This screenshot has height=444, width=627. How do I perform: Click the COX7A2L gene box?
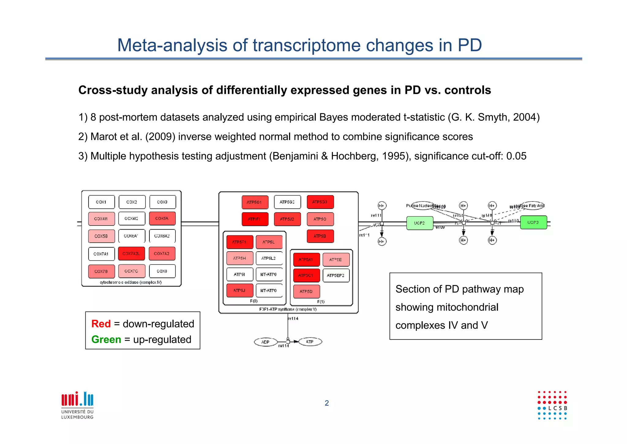[x=131, y=254]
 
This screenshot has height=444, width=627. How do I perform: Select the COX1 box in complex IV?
[x=101, y=202]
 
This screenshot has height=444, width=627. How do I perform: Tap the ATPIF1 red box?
[x=255, y=219]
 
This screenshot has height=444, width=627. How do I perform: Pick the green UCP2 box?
[x=419, y=223]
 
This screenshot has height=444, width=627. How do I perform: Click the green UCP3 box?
[x=533, y=222]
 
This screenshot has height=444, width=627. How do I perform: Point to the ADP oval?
[x=265, y=342]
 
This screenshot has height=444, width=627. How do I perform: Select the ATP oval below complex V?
[x=310, y=342]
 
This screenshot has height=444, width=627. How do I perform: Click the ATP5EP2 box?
[x=336, y=275]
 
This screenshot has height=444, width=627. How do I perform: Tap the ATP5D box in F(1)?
[x=306, y=291]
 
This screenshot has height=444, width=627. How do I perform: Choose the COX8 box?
[x=162, y=271]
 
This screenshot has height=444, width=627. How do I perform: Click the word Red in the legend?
[x=101, y=324]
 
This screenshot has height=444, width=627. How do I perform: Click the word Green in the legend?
[x=106, y=340]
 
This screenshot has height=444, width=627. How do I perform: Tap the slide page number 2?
[x=327, y=403]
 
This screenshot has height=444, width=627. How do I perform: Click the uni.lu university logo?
[x=77, y=404]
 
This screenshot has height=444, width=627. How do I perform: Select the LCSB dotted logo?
[x=552, y=405]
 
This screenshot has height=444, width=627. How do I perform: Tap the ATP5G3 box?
[x=320, y=202]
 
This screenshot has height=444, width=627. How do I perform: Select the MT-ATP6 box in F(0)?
[x=268, y=275]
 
